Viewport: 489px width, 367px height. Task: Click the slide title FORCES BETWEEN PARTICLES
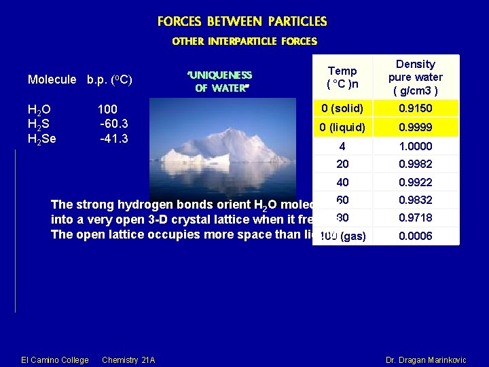click(x=242, y=22)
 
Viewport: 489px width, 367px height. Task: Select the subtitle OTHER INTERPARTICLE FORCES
click(x=244, y=41)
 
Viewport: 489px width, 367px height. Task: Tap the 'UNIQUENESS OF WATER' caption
click(x=219, y=81)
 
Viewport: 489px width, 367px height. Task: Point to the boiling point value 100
click(x=107, y=109)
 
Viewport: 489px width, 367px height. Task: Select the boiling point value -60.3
click(x=114, y=124)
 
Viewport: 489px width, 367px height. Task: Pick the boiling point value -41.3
click(x=114, y=138)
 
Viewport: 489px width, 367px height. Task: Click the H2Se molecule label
click(x=42, y=139)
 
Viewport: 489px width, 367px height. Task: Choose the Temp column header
click(x=342, y=77)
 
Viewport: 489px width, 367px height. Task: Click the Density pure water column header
click(x=415, y=77)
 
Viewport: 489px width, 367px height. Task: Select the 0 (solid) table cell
click(x=342, y=109)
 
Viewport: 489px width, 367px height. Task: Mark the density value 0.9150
click(x=415, y=109)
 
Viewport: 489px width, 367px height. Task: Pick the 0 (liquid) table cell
click(x=342, y=128)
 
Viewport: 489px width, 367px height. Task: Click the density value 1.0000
click(x=415, y=146)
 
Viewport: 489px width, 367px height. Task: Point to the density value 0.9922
click(x=415, y=182)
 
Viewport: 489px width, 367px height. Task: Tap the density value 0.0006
click(x=415, y=236)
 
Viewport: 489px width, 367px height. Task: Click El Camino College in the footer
click(x=54, y=360)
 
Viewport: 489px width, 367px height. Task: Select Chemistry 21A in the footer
click(x=128, y=360)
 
